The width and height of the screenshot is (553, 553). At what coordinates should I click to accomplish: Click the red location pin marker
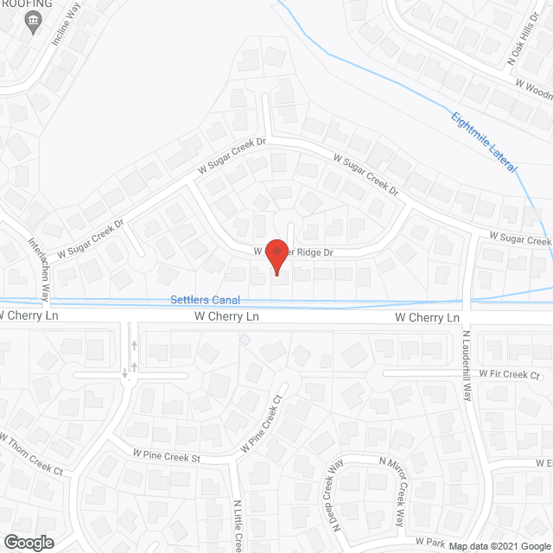coord(276,255)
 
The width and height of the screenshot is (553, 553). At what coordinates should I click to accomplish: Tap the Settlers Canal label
coord(204,300)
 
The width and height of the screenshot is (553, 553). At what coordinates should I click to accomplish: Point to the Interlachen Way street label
coord(40,267)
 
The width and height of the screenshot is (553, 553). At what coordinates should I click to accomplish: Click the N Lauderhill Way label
coord(467,365)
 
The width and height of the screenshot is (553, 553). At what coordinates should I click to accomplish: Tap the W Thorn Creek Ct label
coord(32,455)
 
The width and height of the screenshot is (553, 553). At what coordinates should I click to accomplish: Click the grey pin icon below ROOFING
coord(34,26)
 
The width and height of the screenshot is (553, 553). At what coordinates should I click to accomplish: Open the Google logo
coord(28,542)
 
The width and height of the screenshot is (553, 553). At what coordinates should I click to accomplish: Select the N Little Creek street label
coord(238,524)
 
